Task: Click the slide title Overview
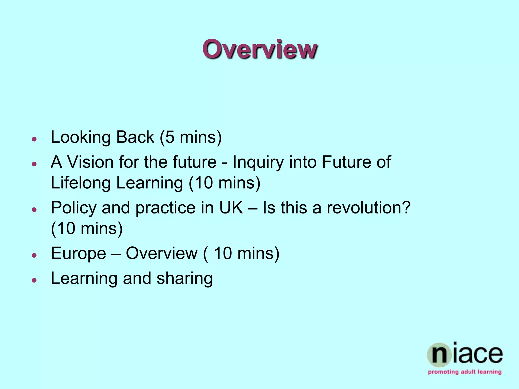[259, 49]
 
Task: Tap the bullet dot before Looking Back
[34, 139]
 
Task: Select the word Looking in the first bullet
[81, 138]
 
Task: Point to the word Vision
[90, 162]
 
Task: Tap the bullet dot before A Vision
[34, 164]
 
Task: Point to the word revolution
[368, 208]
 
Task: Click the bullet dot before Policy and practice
[34, 210]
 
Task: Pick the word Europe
[78, 254]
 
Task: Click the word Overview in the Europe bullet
[162, 253]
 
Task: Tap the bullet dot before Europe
[34, 255]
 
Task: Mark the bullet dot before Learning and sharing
[34, 280]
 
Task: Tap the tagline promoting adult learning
[465, 372]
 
